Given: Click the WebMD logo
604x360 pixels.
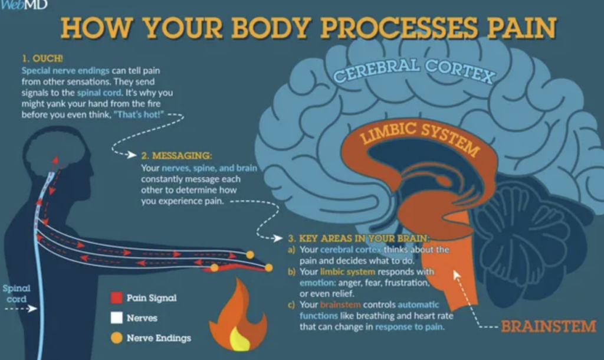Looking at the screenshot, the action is [x=24, y=4].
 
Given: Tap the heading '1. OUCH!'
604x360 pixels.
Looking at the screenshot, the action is [x=42, y=58].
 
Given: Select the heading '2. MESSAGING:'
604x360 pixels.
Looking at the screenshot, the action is [x=176, y=156].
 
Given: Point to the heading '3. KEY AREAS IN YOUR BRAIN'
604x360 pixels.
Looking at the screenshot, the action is [x=359, y=238].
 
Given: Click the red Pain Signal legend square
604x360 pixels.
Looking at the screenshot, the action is [x=116, y=298].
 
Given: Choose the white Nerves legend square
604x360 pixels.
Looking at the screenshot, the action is [x=116, y=318].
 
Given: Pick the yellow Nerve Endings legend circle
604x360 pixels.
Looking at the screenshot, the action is [x=116, y=338].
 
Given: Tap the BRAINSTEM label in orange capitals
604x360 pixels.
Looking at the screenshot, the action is [x=548, y=326].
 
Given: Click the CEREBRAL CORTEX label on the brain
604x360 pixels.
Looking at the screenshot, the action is [x=414, y=71].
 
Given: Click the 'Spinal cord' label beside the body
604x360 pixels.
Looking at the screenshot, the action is [x=16, y=293].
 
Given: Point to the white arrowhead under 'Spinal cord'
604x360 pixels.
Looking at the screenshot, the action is [x=33, y=308].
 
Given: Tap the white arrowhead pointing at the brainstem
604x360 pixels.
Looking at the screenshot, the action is [x=457, y=274].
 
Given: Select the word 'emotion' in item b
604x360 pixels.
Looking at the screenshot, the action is [x=317, y=283].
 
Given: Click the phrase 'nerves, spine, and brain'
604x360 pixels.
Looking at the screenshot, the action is [x=209, y=168].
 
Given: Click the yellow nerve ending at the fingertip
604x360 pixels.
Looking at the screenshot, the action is [x=269, y=267].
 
